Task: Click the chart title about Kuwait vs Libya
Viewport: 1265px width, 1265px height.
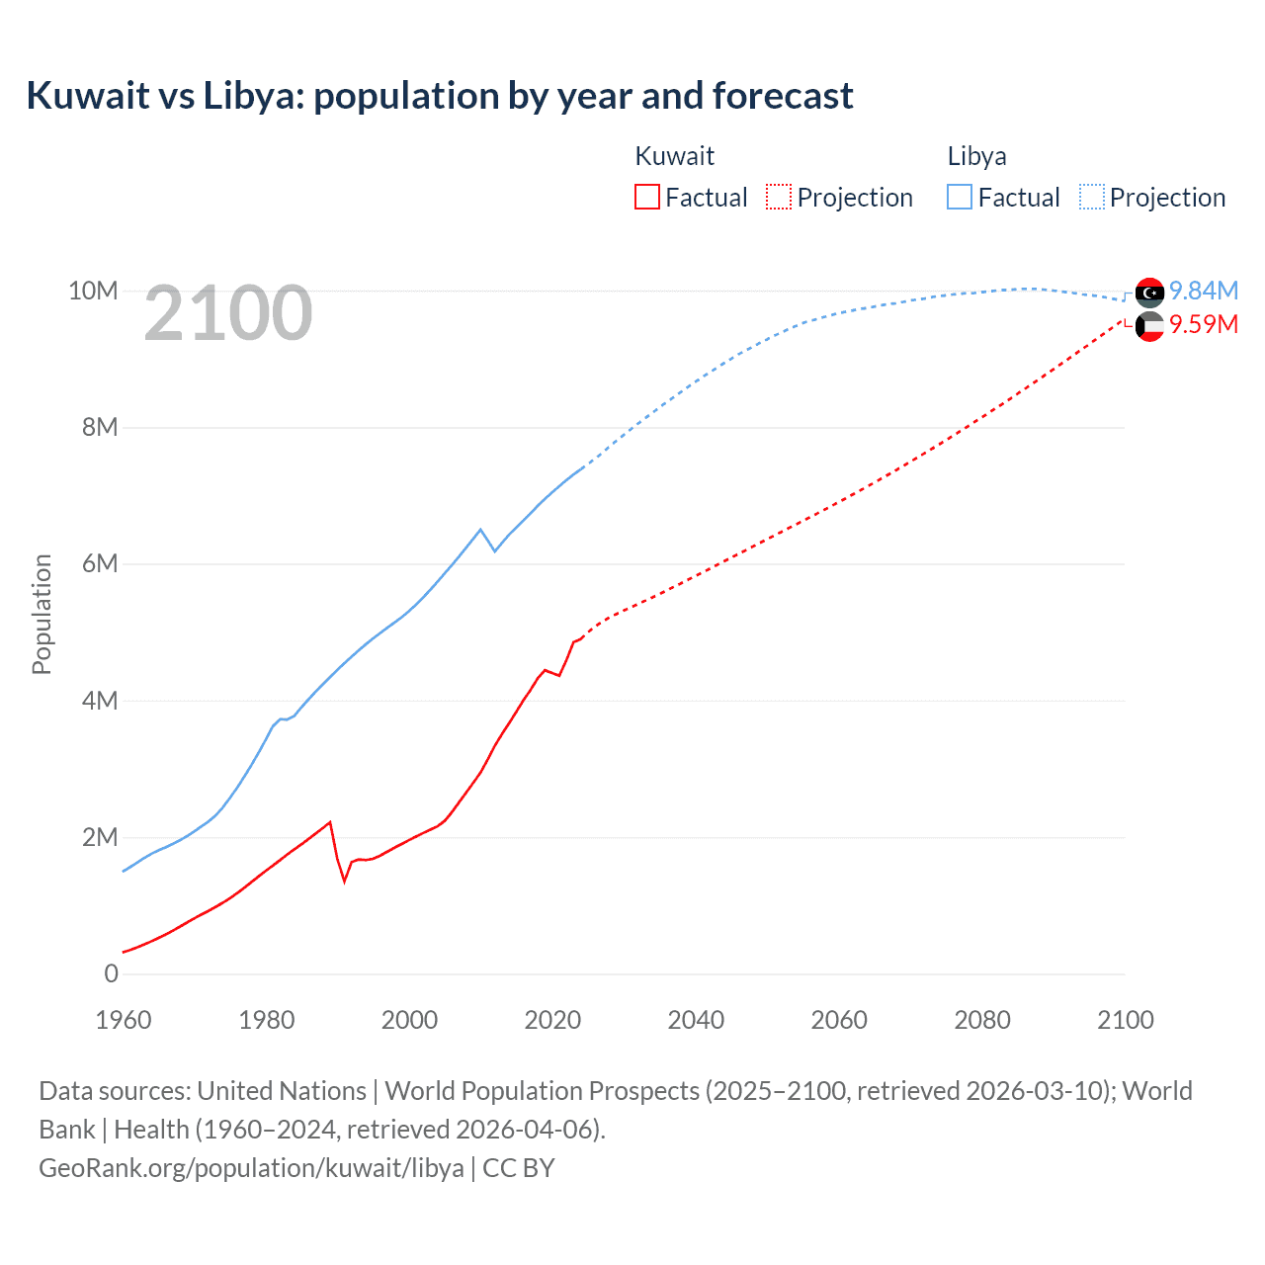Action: tap(440, 96)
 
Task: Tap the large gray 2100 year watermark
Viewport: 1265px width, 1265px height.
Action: tap(228, 313)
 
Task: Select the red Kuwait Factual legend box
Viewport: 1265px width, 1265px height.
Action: tap(646, 197)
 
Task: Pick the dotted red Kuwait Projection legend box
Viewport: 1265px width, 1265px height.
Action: tap(779, 197)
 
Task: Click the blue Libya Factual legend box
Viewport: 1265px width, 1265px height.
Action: tap(960, 197)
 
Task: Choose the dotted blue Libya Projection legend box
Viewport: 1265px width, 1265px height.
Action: tap(1091, 197)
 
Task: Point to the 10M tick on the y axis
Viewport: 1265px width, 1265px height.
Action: tap(93, 291)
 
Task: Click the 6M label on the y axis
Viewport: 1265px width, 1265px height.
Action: tap(99, 563)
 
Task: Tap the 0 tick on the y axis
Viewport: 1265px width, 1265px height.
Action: tap(111, 973)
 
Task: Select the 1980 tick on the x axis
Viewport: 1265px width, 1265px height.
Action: tap(267, 1020)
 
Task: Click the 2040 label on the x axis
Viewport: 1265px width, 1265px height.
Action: tap(696, 1020)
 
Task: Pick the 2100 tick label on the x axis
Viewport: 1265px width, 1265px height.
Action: tap(1125, 1020)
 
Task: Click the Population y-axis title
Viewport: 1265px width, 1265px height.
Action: tap(42, 614)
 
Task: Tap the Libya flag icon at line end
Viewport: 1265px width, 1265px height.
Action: tap(1149, 293)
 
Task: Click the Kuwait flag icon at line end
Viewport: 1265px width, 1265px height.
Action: tap(1149, 326)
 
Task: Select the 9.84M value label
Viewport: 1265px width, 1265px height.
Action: tap(1203, 291)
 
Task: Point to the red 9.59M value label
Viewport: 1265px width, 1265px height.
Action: tap(1203, 324)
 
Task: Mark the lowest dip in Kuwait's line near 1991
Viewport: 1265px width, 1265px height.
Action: tap(345, 881)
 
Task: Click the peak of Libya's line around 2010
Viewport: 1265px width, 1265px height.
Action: tap(480, 530)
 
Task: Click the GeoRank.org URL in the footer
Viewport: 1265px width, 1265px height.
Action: tap(251, 1168)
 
